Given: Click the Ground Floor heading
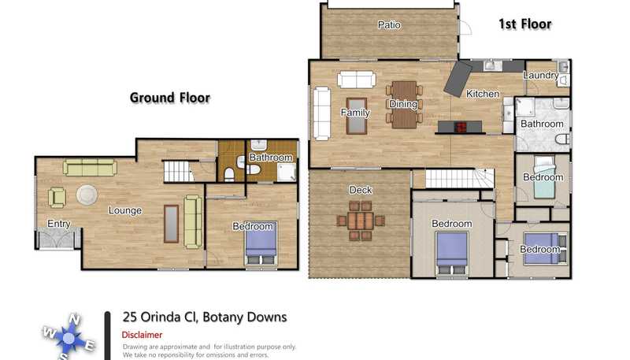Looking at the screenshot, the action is (x=170, y=98).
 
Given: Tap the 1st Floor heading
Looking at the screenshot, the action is (x=524, y=24).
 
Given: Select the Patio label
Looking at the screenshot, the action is (x=389, y=25).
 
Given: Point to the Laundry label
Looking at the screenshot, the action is (x=541, y=75).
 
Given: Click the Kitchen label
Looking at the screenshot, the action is (x=483, y=94).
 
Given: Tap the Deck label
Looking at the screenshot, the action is (x=361, y=190).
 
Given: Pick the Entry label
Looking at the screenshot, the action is (x=58, y=224).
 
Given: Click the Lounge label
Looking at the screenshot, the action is (x=125, y=210).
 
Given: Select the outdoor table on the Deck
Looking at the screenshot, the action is (x=361, y=221).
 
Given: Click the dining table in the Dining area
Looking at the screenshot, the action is (x=404, y=105).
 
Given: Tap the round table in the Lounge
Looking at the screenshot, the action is (x=87, y=195).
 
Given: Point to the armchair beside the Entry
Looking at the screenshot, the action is (x=57, y=198).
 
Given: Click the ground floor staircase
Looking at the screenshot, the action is (x=179, y=171).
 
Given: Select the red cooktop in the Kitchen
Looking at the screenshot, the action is (x=460, y=127).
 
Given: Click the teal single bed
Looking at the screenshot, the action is (x=544, y=176).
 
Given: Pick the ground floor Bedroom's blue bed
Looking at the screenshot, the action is (x=261, y=243).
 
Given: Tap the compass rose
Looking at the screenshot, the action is (x=69, y=338).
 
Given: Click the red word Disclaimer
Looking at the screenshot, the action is (x=142, y=335).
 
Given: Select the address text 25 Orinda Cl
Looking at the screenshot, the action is (x=160, y=317).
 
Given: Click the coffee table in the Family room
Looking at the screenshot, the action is (x=357, y=116).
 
